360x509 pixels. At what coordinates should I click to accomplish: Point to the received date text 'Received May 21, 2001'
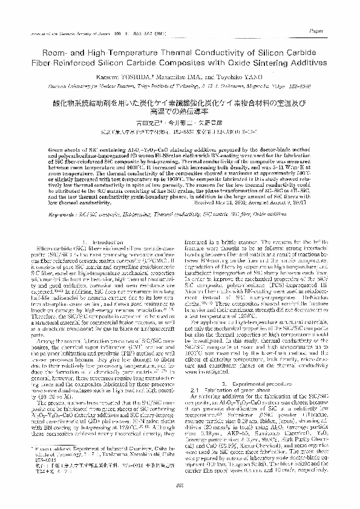click(x=237, y=204)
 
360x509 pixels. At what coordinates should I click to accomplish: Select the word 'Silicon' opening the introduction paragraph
click(x=45, y=248)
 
